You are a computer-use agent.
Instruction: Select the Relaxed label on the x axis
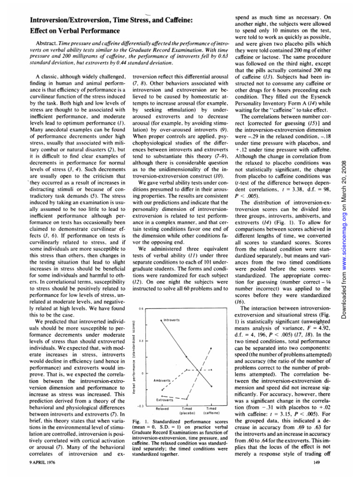[162, 408]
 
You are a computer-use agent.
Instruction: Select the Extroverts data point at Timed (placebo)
[187, 398]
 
